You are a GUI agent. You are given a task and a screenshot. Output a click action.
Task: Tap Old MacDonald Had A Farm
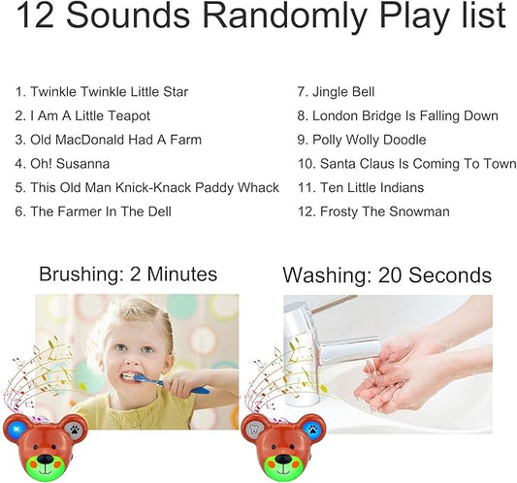click(108, 140)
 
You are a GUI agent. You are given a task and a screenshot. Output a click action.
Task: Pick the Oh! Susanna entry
click(62, 164)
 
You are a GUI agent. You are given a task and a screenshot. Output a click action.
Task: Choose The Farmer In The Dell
click(95, 211)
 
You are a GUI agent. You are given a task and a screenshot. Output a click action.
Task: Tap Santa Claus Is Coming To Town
click(406, 164)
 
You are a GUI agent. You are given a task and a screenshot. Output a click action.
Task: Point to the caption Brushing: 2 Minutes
click(128, 274)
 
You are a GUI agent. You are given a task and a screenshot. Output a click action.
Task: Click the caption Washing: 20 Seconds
click(387, 275)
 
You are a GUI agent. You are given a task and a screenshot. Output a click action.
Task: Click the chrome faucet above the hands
click(330, 335)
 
